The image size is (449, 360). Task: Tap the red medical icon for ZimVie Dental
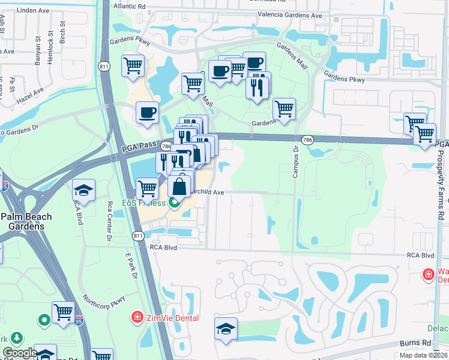[x=137, y=317]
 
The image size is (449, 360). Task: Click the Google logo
[x=20, y=353]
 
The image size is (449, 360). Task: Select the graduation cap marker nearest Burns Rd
[x=226, y=328]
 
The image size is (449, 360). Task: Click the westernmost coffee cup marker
[x=147, y=112]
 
